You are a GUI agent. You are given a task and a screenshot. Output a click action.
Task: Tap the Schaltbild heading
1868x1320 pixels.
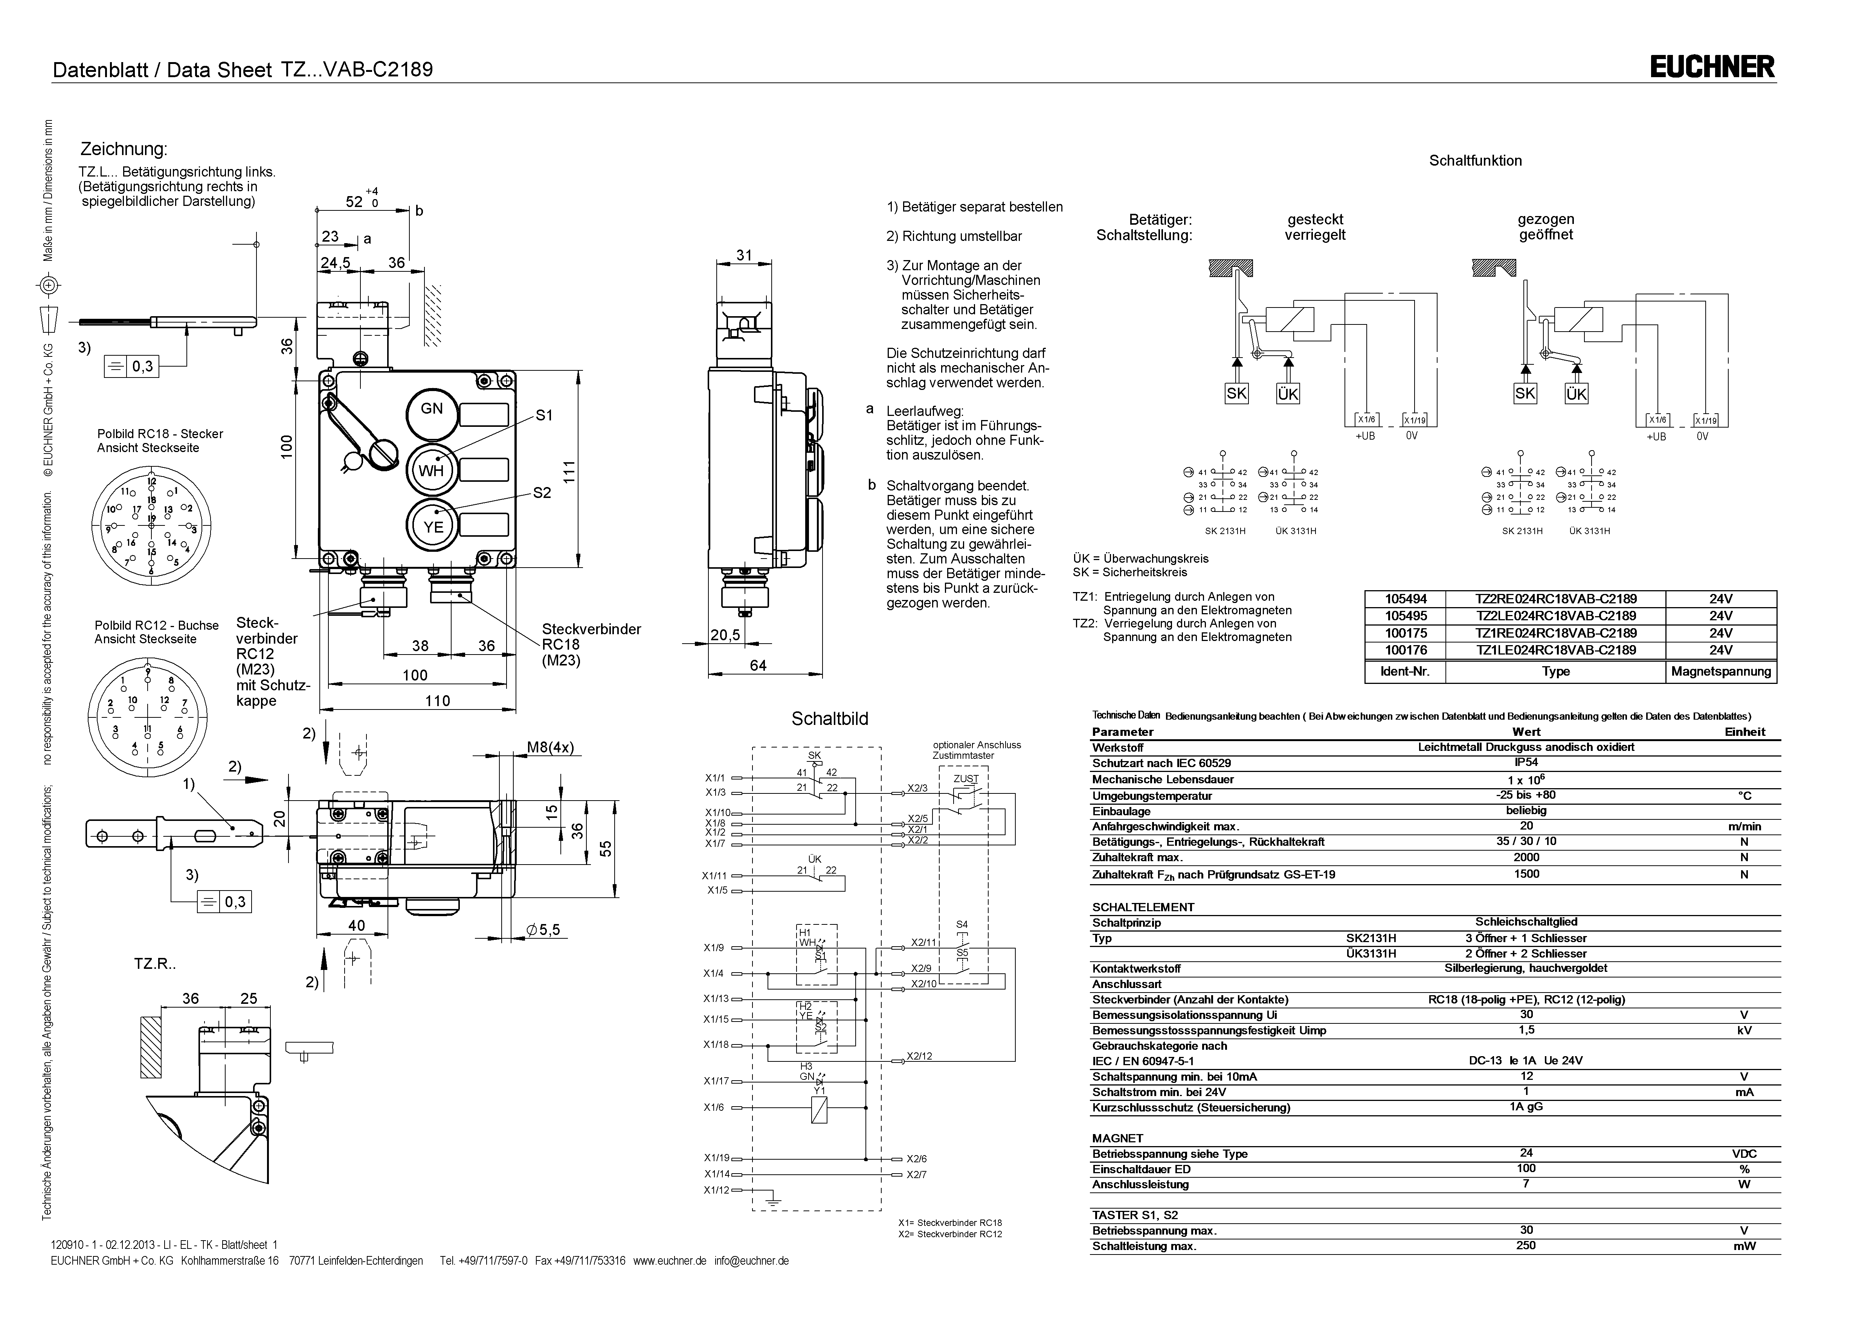click(830, 719)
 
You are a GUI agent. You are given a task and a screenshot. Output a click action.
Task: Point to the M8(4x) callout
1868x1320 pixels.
click(550, 748)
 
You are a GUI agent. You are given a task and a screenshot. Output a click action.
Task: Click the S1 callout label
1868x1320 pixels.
click(543, 416)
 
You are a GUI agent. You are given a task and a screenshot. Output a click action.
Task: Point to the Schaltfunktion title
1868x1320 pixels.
click(1475, 161)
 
